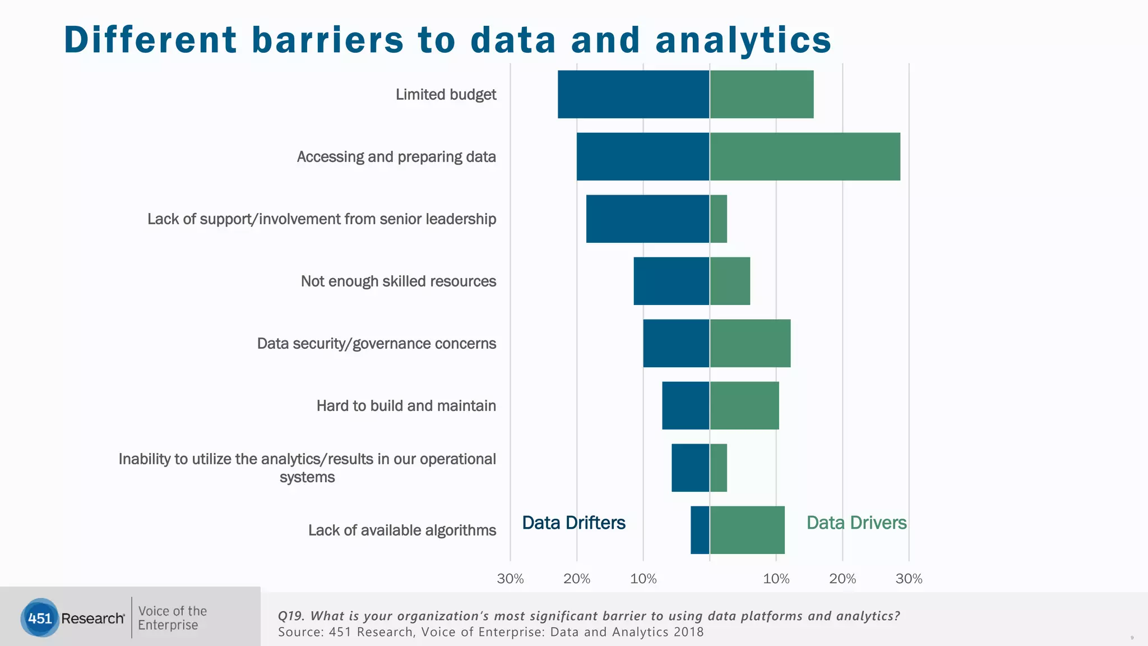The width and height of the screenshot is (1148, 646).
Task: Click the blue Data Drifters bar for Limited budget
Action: coord(633,94)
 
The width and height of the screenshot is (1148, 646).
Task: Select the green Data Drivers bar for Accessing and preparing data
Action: coord(805,156)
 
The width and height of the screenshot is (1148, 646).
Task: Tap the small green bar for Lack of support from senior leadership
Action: coord(719,219)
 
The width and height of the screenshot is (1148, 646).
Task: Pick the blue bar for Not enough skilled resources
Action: coord(672,281)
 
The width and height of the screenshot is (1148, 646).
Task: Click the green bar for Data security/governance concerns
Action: coord(751,343)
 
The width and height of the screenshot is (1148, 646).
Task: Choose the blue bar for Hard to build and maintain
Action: coord(686,405)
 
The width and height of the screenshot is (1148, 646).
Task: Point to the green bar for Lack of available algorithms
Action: coord(747,530)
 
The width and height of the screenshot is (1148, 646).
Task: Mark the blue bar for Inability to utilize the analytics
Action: coord(691,468)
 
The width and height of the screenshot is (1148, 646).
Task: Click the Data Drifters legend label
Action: coord(573,523)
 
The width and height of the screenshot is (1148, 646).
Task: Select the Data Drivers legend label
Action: coord(856,523)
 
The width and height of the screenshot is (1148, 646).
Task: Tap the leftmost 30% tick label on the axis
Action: coord(510,579)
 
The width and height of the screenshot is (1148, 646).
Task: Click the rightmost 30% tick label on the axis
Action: coord(909,579)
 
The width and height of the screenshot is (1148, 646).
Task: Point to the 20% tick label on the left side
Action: coord(577,579)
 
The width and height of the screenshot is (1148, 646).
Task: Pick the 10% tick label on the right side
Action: coord(776,579)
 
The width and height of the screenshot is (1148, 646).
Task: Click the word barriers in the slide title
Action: coord(327,40)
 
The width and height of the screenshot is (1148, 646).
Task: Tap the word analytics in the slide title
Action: coord(743,40)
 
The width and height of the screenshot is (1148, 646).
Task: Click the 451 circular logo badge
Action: coord(40,618)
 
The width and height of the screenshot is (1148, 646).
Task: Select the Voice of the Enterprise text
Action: coord(172,618)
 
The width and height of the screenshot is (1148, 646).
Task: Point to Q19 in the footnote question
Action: coord(290,616)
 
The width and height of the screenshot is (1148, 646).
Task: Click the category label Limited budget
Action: coord(446,94)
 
